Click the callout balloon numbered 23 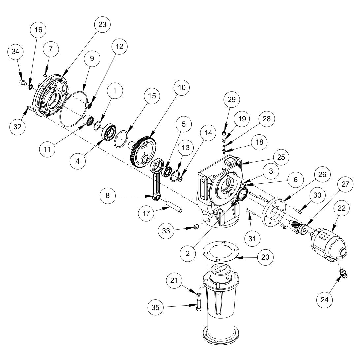point(102,24)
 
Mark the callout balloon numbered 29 point(231,99)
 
